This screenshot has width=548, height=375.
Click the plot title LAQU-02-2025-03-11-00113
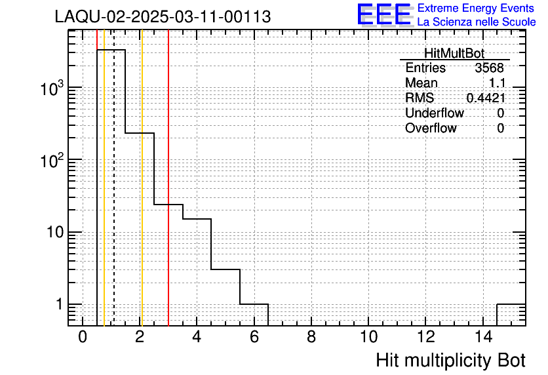click(163, 16)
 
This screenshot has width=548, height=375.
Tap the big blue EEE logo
click(384, 14)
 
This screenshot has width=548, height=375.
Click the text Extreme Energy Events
click(476, 8)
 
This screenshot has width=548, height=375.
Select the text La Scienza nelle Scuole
click(477, 22)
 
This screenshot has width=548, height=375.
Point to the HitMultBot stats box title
click(454, 53)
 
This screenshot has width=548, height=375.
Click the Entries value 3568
click(489, 68)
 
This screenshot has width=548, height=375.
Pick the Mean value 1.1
click(497, 83)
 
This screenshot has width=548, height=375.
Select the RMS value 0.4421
click(486, 98)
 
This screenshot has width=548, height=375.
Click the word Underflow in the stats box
click(435, 113)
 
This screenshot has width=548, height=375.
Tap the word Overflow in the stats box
click(431, 128)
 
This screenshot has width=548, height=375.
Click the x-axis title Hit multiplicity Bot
click(451, 360)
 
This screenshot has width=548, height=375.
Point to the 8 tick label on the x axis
click(311, 337)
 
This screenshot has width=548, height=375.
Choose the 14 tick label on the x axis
click(483, 337)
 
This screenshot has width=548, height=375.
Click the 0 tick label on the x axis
click(83, 337)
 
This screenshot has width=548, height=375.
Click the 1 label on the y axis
click(59, 304)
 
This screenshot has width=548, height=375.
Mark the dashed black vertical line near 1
click(114, 178)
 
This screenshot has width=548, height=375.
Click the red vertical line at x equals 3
click(168, 178)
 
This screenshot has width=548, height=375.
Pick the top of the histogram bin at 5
click(225, 269)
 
